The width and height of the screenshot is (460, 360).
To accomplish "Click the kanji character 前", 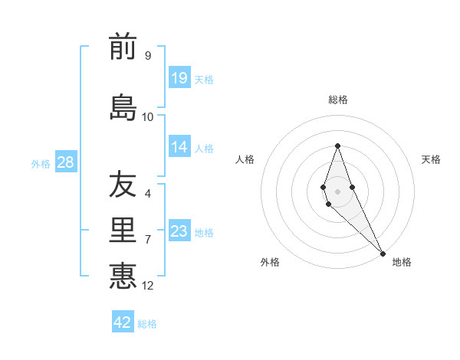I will (x=123, y=47).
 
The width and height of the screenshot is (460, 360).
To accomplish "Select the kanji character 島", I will (x=123, y=108).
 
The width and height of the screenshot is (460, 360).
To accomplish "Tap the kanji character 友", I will (x=123, y=185).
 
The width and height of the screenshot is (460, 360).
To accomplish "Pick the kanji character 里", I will (x=123, y=231).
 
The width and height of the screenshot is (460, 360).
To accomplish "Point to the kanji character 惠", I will (x=123, y=276).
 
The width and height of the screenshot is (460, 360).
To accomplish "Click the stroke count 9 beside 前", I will (x=147, y=55).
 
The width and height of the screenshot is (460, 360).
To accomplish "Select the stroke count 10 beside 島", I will (x=148, y=116).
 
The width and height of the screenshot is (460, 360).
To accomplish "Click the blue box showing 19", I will (x=179, y=77).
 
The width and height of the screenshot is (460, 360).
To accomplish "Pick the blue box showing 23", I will (x=179, y=231).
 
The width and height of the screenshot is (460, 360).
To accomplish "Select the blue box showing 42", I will (x=123, y=322).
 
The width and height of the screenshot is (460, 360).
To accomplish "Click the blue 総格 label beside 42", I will (x=147, y=324).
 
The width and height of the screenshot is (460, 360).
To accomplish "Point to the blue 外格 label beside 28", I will (x=41, y=163).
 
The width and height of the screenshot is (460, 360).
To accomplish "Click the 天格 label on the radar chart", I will (x=431, y=159).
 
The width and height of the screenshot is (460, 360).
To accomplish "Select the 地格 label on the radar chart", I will (x=402, y=263).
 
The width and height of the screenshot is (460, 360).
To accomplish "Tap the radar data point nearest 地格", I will (x=383, y=253).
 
